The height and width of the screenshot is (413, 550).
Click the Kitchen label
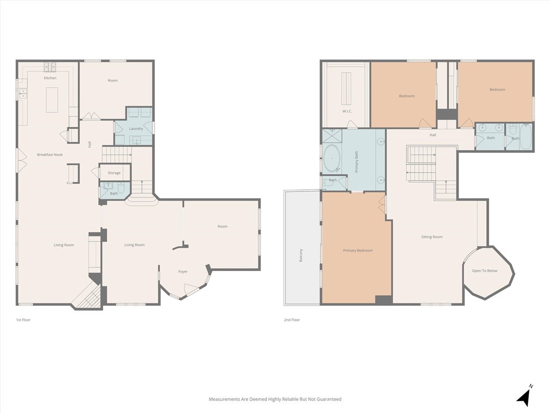tap(50, 78)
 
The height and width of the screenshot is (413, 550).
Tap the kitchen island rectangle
tap(52, 100)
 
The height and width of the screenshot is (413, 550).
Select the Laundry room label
tap(136, 129)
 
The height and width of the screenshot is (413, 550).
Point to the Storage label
tap(114, 173)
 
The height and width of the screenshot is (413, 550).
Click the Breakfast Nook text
tap(50, 154)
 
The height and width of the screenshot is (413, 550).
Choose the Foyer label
tap(183, 272)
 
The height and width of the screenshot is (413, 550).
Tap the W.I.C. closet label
tap(347, 111)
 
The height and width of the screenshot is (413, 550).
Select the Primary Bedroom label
tap(358, 251)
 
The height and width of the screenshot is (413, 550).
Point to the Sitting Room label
tap(432, 237)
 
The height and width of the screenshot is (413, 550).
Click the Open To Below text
tap(484, 270)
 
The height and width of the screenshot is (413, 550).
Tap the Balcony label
tap(301, 255)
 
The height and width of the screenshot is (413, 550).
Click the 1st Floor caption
tap(23, 320)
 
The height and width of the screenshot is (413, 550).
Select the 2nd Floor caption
tap(292, 320)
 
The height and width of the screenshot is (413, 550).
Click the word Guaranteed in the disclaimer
tap(329, 399)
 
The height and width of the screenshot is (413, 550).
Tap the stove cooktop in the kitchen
tap(50, 67)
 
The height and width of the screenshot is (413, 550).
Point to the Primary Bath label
tap(356, 161)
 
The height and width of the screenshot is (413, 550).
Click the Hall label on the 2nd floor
tap(433, 135)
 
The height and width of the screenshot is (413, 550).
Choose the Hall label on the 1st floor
tap(90, 144)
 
